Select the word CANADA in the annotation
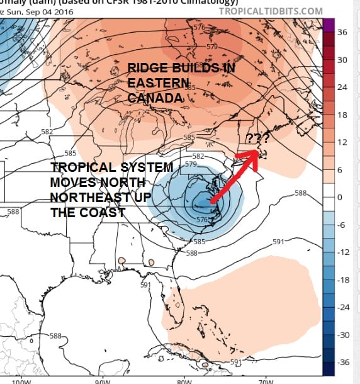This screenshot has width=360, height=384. pos(155,98)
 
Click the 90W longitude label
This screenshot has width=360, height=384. pos(101,380)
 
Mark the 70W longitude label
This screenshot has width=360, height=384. pos(266,380)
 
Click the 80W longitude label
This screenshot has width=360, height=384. pos(184,380)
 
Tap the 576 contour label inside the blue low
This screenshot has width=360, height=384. pos(201,219)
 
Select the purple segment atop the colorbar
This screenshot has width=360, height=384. pos(328,26)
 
